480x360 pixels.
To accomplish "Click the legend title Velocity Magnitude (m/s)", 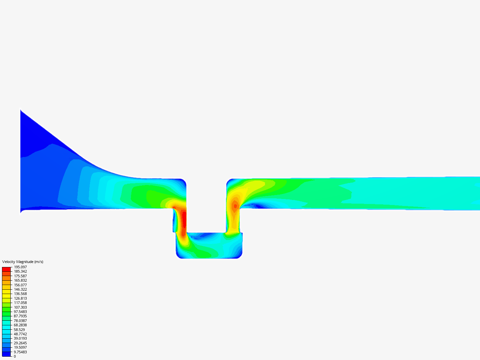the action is (x=23, y=262).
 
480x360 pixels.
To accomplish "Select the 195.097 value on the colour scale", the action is (x=20, y=267).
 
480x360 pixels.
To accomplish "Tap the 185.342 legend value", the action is (x=20, y=271).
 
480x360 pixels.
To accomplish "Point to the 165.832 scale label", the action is (x=20, y=280).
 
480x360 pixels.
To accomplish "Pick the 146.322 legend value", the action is (x=20, y=289).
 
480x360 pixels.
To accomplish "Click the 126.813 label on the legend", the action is (x=20, y=298).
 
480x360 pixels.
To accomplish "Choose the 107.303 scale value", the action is (x=20, y=307).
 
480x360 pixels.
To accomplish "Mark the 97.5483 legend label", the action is (x=20, y=312).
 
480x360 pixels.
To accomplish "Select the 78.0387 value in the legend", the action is (x=20, y=321).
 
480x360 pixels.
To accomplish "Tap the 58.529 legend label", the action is (x=19, y=330).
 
